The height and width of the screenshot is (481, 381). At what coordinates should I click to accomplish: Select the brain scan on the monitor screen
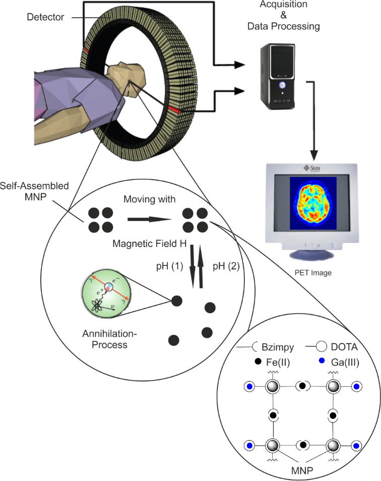(310, 202)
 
